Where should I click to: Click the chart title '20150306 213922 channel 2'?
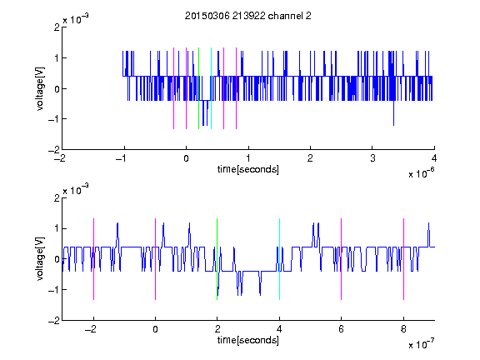click(248, 16)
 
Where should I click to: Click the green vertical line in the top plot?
click(198, 88)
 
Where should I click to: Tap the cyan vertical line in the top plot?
click(211, 88)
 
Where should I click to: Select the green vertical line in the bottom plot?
click(217, 259)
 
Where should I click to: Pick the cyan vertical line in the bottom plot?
click(279, 259)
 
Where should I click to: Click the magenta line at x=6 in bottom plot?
click(342, 259)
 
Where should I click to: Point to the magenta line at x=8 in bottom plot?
click(404, 259)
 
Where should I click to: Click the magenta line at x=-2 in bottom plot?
click(93, 259)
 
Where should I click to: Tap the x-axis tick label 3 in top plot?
click(372, 158)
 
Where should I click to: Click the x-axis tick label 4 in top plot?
click(434, 158)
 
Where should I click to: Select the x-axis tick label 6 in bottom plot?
click(342, 329)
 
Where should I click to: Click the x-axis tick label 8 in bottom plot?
click(404, 329)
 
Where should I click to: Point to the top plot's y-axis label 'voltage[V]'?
click(40, 88)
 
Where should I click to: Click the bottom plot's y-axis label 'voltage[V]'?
click(40, 259)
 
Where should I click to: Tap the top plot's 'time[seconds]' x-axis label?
click(248, 169)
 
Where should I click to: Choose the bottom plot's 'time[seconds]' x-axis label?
click(248, 340)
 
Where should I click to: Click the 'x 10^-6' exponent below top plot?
click(421, 173)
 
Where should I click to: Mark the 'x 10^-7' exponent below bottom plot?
click(421, 344)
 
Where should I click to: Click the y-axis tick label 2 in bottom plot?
click(57, 198)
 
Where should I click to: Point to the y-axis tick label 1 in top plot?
click(57, 57)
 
